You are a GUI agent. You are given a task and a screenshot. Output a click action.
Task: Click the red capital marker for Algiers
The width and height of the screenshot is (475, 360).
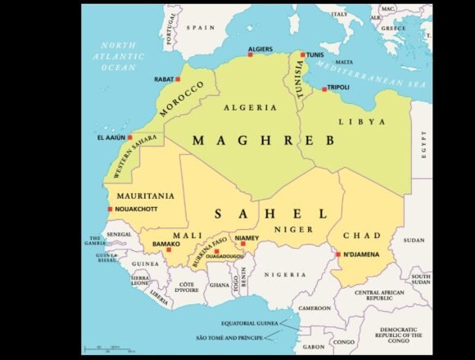tap(251, 54)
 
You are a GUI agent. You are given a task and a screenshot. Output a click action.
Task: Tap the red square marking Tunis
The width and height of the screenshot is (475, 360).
tap(302, 55)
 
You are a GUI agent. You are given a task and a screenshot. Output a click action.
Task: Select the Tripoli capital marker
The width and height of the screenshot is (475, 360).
tap(324, 88)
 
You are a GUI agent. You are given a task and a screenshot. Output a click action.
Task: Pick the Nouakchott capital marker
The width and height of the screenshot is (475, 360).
tap(111, 209)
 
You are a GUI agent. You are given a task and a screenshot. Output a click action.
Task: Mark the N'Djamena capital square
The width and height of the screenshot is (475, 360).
tap(337, 254)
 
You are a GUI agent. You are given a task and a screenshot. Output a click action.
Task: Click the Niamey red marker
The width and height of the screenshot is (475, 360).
tap(242, 243)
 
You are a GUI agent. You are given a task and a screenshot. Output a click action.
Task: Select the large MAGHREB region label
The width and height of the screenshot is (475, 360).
tap(263, 141)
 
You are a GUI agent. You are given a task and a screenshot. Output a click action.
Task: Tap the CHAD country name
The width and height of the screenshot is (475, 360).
tap(362, 236)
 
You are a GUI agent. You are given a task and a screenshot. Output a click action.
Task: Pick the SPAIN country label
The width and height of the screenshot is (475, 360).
tap(199, 27)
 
